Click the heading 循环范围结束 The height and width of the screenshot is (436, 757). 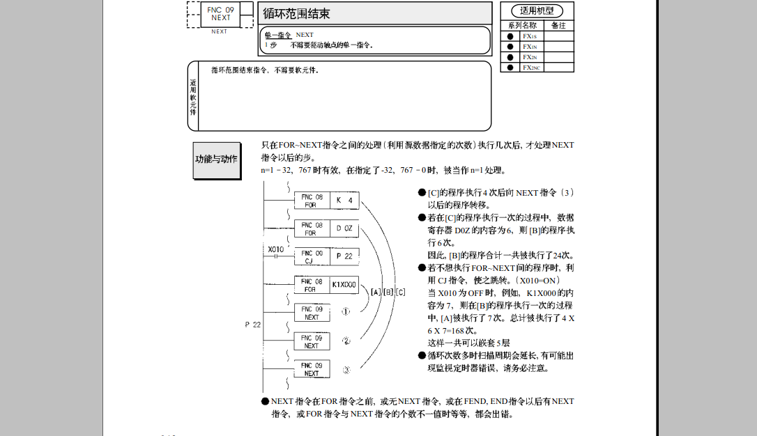click(x=296, y=13)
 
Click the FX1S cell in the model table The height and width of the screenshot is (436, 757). click(x=530, y=36)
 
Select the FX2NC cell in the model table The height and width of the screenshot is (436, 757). click(x=531, y=68)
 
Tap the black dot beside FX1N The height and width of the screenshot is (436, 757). click(x=510, y=47)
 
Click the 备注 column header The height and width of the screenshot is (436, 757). click(x=558, y=25)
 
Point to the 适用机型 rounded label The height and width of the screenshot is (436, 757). click(x=537, y=10)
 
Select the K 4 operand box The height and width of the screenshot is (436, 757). click(x=344, y=201)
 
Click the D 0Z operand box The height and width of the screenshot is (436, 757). click(x=344, y=228)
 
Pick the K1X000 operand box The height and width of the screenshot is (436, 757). click(x=344, y=285)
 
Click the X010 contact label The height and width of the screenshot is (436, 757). click(x=276, y=249)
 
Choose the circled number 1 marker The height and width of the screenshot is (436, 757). click(x=346, y=312)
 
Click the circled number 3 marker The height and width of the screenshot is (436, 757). click(x=346, y=370)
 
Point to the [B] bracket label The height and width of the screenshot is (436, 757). click(x=388, y=291)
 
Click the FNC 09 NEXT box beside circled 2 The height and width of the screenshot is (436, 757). click(x=312, y=341)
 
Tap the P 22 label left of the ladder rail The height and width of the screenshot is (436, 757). click(x=253, y=325)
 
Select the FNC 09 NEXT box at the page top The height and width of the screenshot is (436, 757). click(x=220, y=13)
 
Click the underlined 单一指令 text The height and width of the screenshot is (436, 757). click(x=277, y=35)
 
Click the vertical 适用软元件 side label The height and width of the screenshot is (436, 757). click(x=193, y=97)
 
